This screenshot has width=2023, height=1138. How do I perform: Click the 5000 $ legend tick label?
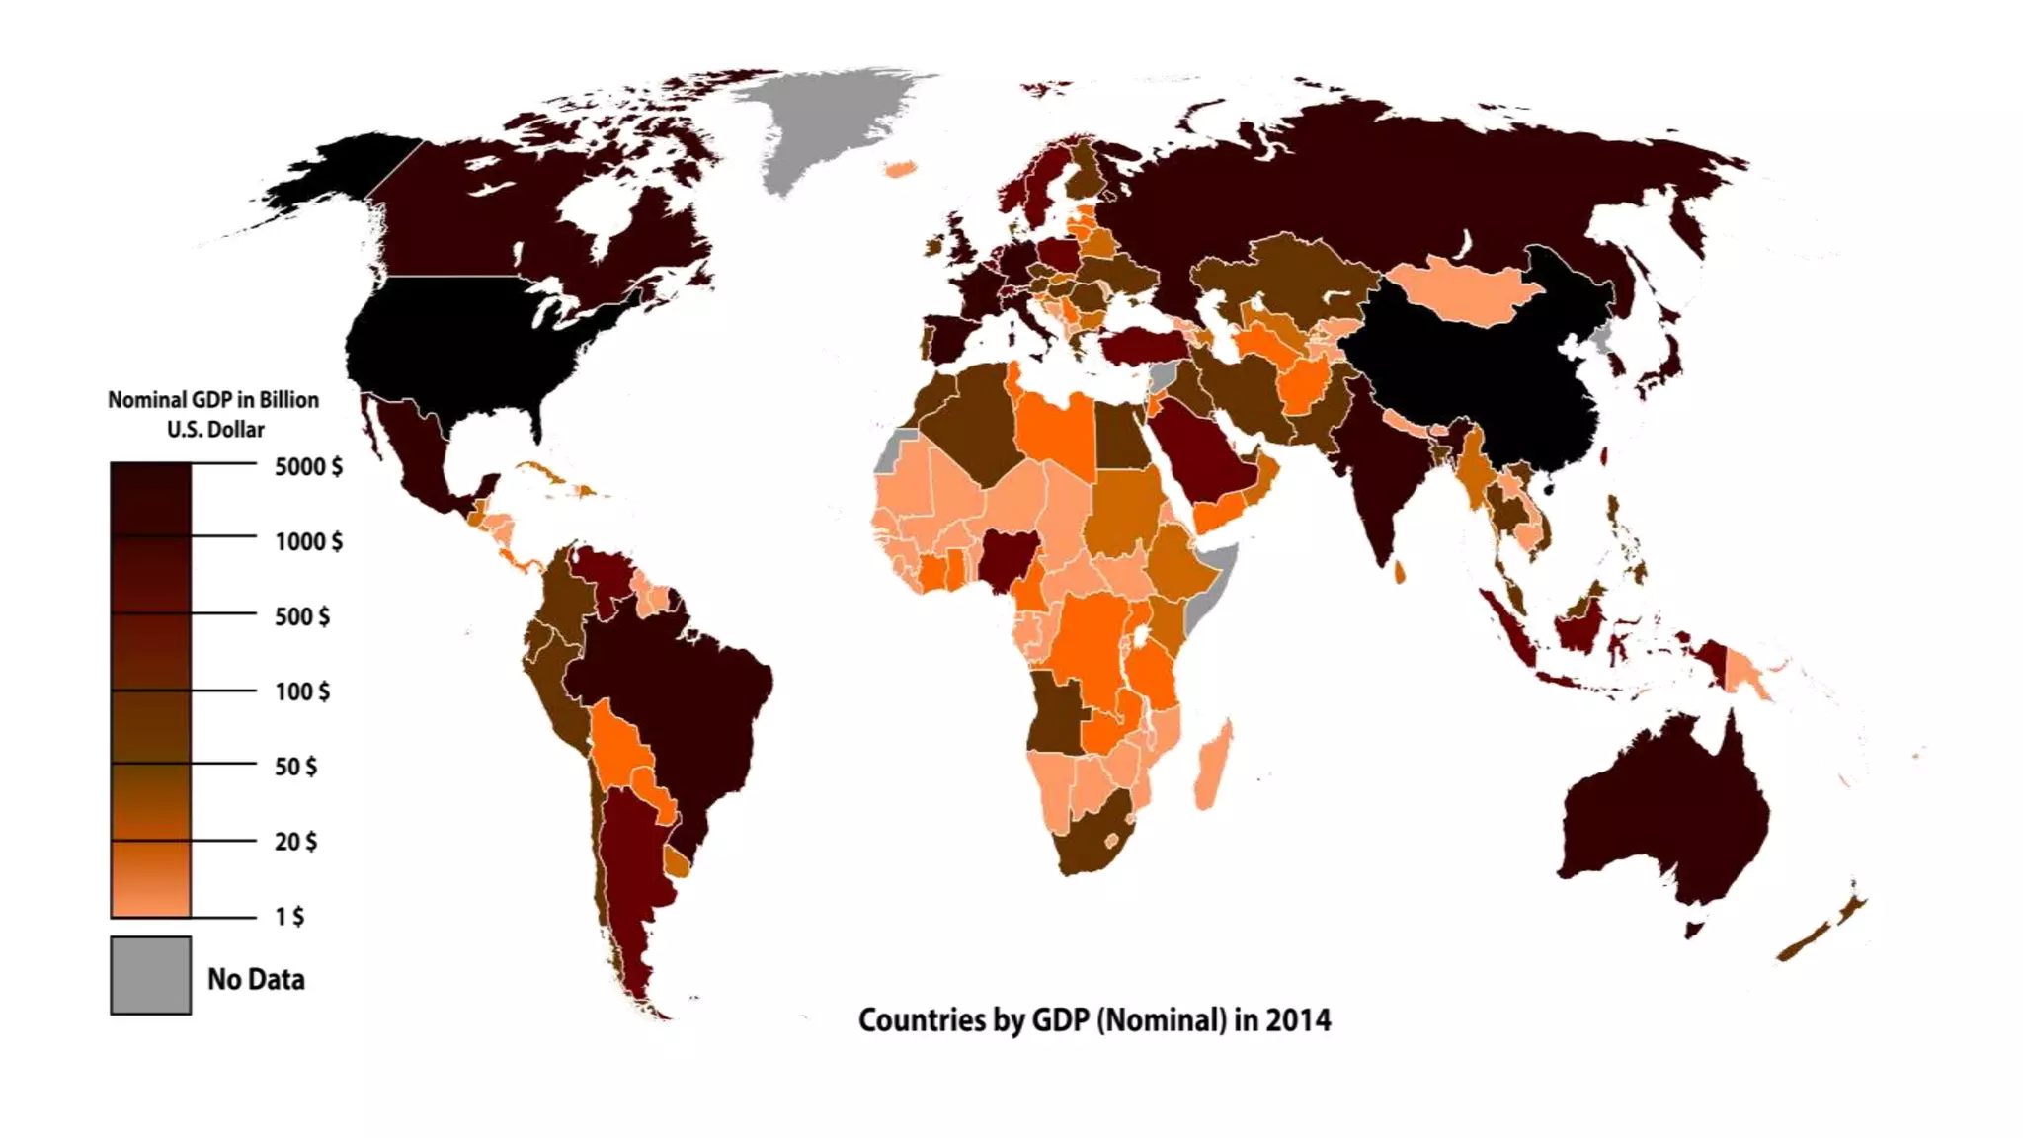tap(308, 466)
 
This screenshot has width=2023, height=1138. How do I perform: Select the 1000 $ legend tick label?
tap(308, 541)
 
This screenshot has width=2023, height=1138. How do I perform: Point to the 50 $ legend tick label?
tap(295, 767)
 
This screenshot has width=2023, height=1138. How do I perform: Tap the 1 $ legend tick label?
tap(289, 917)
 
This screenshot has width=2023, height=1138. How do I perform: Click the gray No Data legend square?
tap(150, 975)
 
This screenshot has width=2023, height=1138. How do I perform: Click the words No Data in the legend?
tap(256, 979)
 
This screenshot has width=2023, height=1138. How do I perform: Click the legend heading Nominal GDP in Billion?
tap(213, 400)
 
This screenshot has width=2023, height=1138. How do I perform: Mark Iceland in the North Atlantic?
tap(898, 170)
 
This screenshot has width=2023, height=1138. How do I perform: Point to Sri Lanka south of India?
tap(1400, 572)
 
